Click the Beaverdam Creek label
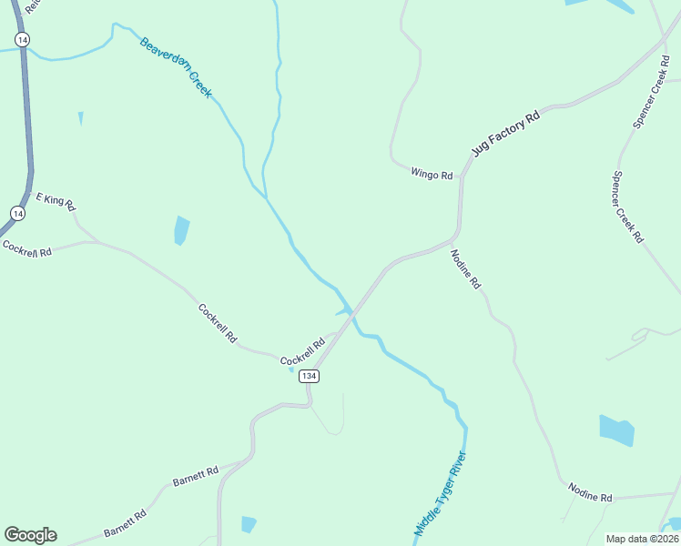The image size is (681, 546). pos(175,67)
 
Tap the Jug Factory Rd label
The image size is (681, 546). pos(505,133)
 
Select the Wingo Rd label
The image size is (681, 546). pos(432,174)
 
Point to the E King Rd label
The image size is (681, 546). pos(55,199)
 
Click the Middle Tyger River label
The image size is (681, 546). pos(440,493)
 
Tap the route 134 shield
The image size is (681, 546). pos(309,376)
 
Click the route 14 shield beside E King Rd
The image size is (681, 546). pos(17,212)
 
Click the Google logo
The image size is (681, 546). pos(30,535)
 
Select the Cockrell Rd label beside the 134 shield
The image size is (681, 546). pos(302,351)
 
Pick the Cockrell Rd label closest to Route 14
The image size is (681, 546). pos(26,248)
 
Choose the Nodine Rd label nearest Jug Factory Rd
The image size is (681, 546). pos(465,269)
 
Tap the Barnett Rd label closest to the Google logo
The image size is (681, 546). pos(125,523)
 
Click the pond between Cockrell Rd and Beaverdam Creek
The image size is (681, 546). pos(182,230)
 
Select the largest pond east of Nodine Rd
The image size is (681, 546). pos(616,430)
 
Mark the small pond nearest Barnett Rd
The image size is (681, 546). pos(249,524)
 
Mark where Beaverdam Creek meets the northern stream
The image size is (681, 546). pos(265,196)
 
